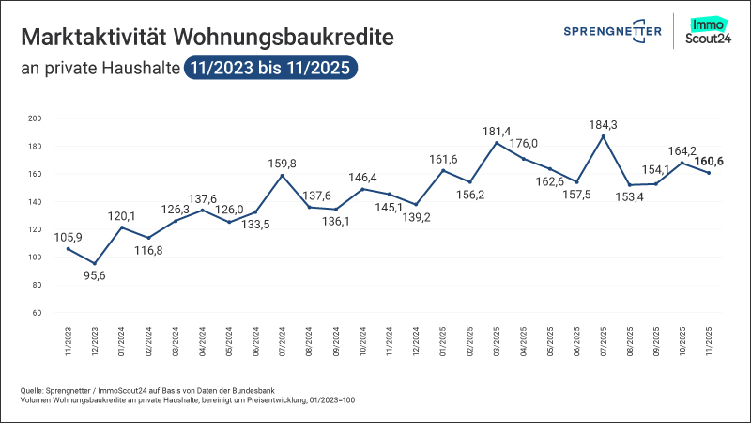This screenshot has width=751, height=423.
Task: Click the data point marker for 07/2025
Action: (x=603, y=136)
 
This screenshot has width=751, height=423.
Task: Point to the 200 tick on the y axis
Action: (x=36, y=118)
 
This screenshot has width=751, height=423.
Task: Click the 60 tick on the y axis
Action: (x=38, y=313)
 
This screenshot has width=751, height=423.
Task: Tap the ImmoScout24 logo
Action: (x=709, y=31)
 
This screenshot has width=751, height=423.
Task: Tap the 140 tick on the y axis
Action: (x=36, y=202)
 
